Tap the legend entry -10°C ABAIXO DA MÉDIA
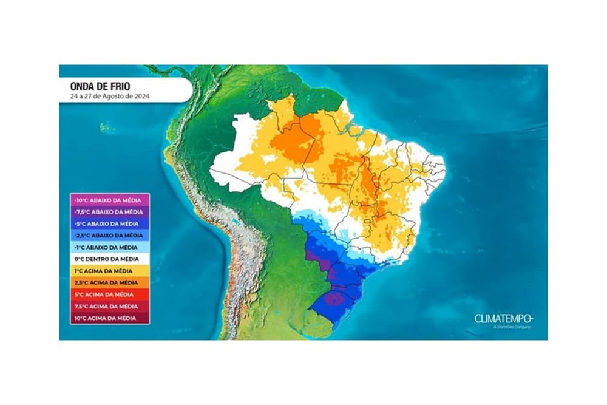click(x=110, y=200)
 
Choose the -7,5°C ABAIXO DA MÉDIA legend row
click(x=110, y=212)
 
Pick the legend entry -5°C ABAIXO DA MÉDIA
click(x=110, y=223)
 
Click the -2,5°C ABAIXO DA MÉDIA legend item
click(x=110, y=235)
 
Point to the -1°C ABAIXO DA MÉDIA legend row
click(x=110, y=247)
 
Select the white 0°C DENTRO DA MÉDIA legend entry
click(x=110, y=259)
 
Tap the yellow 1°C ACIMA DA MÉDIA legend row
click(x=110, y=271)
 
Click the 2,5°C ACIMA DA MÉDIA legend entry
click(x=110, y=282)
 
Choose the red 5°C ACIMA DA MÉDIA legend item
click(x=110, y=294)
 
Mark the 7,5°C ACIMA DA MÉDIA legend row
click(x=110, y=306)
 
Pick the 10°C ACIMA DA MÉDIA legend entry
click(x=110, y=318)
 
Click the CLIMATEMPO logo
click(x=503, y=318)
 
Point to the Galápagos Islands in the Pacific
click(x=105, y=128)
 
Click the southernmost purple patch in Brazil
click(x=334, y=298)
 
